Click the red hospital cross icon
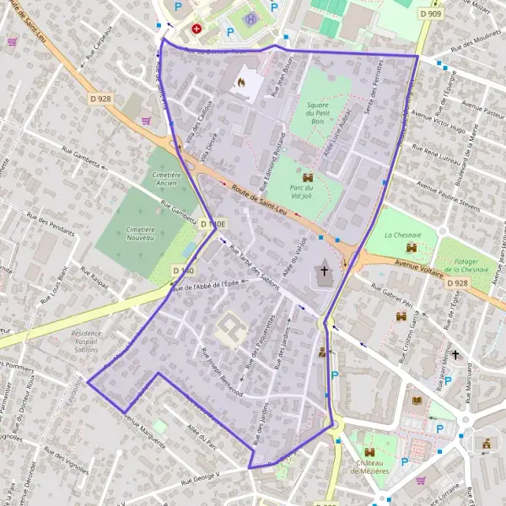[x=197, y=28]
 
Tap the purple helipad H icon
[x=250, y=19]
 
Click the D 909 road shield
[x=430, y=14]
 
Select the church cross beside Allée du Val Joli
[x=324, y=271]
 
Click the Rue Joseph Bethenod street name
[x=223, y=372]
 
